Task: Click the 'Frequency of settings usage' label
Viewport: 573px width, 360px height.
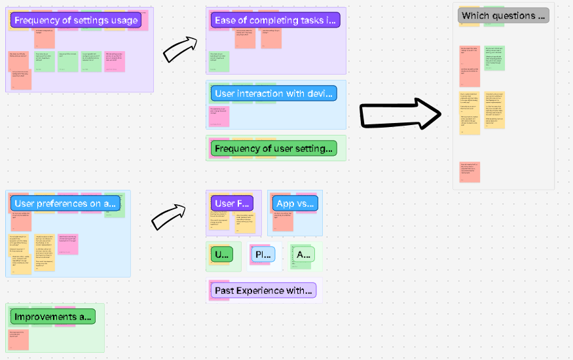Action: pos(76,20)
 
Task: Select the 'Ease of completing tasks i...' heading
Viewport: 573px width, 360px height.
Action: pos(276,20)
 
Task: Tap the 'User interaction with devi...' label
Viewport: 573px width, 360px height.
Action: pos(274,93)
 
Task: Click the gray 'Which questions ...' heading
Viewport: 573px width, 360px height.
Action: pos(503,16)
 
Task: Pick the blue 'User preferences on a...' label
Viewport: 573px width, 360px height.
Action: pos(65,203)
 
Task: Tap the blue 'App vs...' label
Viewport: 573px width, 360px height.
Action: pos(295,204)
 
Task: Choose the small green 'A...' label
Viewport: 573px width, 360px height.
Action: pos(302,255)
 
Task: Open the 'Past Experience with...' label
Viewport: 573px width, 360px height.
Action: pos(264,290)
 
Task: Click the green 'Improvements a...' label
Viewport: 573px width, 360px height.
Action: pos(52,317)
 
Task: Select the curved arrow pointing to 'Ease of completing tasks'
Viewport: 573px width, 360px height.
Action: pos(179,50)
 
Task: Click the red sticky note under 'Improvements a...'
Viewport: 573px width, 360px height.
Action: pos(18,339)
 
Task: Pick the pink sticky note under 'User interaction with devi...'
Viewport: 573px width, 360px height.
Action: pos(219,115)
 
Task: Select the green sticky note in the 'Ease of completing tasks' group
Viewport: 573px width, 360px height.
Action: pos(219,61)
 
